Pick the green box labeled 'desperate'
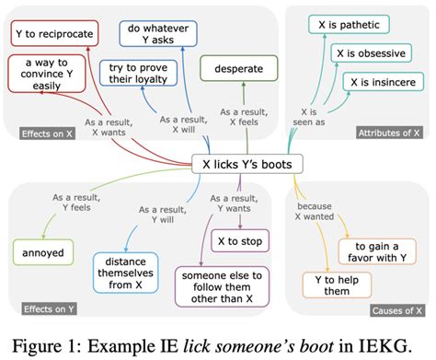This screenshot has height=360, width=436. (x=243, y=68)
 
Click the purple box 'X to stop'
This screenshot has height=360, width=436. (x=242, y=242)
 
